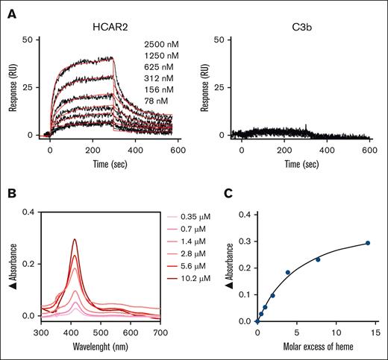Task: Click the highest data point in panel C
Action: click(367, 243)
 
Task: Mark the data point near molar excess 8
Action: click(318, 259)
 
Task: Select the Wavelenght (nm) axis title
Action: click(103, 348)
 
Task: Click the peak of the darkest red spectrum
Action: click(75, 240)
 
